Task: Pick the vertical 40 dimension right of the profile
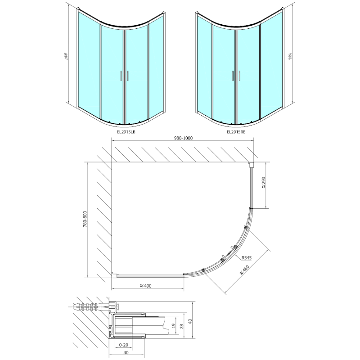(191, 321)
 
